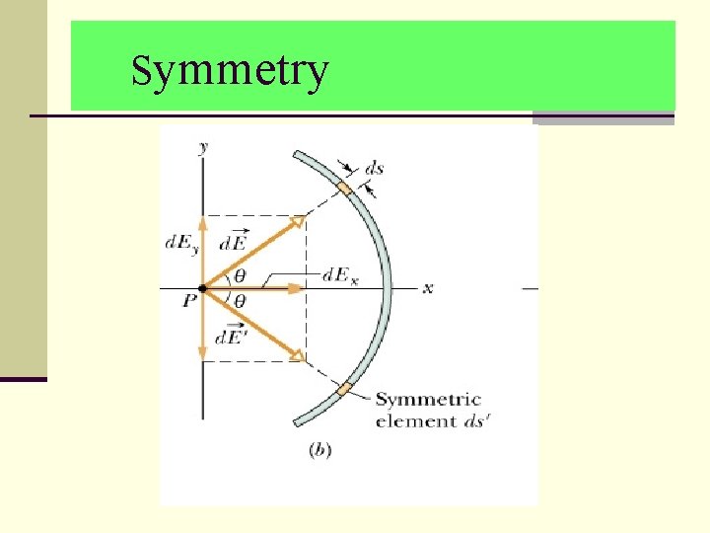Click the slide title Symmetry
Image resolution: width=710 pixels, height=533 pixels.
click(x=229, y=72)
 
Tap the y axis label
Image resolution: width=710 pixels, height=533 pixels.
click(x=203, y=147)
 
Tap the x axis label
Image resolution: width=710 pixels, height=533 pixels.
click(x=428, y=288)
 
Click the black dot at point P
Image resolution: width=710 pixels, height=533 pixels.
click(x=203, y=288)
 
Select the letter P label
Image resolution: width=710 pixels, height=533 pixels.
click(x=189, y=303)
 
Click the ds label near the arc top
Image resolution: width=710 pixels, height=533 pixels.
click(x=375, y=169)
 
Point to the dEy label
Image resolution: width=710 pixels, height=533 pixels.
click(x=181, y=243)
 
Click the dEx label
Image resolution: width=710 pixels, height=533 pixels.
click(x=340, y=276)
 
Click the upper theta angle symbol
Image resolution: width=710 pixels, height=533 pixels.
click(x=240, y=275)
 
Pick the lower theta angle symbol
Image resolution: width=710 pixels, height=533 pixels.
click(x=240, y=301)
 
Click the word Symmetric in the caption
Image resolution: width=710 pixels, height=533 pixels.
click(x=428, y=401)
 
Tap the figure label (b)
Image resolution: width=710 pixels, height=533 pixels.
click(x=320, y=450)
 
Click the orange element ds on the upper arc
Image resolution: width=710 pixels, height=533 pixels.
click(x=343, y=188)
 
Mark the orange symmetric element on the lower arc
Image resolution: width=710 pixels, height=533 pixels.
click(x=343, y=389)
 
